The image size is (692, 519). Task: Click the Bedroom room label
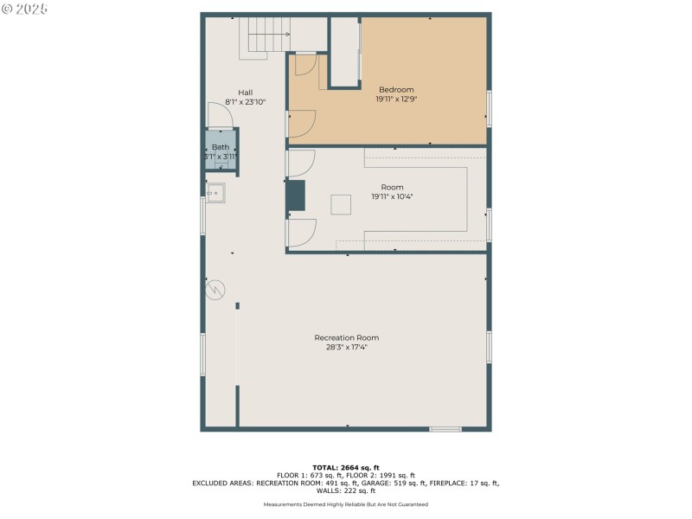pos(396,89)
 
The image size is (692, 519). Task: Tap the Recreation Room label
pos(346,337)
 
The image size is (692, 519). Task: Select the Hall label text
pos(246,93)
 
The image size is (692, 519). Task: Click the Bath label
pos(221,147)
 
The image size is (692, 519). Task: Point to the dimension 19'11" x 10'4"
pos(392,196)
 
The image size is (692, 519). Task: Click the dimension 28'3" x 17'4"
pos(346,347)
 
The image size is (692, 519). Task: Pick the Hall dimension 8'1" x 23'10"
pos(246,102)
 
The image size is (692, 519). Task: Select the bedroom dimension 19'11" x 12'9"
pos(396,99)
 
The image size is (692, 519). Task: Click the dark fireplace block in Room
pos(296,196)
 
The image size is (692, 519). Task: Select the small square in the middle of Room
pos(341,204)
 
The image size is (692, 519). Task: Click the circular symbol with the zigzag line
pos(215,289)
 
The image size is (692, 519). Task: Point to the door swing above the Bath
pos(219,115)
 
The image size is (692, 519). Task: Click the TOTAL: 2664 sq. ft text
pos(346,467)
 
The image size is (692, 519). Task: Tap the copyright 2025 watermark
pos(25,9)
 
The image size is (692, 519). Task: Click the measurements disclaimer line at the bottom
pos(346,504)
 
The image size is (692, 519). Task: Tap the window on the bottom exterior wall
pos(445,428)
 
